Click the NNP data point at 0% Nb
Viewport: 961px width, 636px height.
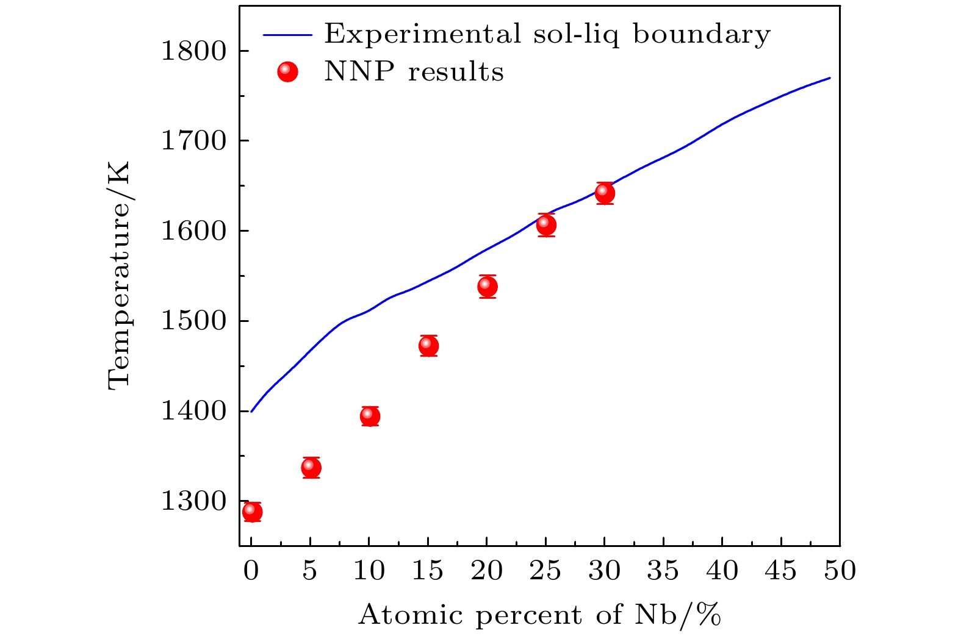click(x=252, y=511)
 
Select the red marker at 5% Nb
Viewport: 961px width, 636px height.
click(x=311, y=468)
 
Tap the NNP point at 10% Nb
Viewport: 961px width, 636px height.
click(x=370, y=416)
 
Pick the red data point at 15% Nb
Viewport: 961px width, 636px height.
click(x=429, y=346)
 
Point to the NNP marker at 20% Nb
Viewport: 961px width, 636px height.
click(x=488, y=286)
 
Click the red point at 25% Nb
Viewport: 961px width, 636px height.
click(x=546, y=225)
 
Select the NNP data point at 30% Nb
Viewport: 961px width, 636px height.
click(x=605, y=193)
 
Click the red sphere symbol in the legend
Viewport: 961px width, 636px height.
click(x=287, y=72)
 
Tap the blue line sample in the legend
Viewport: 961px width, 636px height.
click(x=287, y=35)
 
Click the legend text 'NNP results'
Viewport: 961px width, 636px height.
click(x=414, y=72)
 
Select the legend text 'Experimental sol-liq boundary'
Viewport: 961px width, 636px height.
click(x=547, y=34)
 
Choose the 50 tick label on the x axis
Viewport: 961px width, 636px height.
click(x=840, y=571)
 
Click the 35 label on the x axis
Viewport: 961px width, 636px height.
click(x=663, y=571)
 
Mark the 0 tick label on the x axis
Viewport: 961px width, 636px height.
click(x=251, y=571)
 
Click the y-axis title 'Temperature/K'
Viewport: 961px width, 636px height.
click(x=119, y=275)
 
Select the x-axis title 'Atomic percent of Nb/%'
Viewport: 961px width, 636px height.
click(x=539, y=615)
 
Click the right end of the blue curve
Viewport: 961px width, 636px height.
click(x=830, y=78)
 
